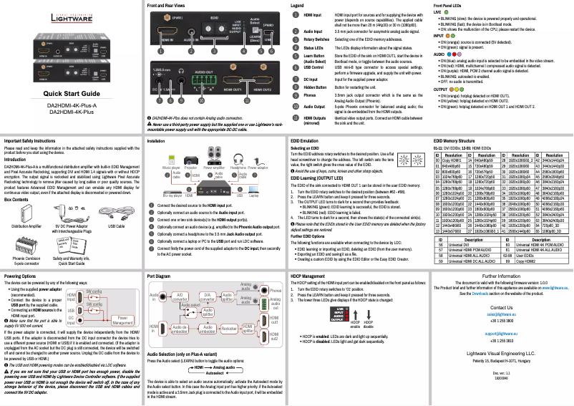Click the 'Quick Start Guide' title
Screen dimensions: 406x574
(72, 94)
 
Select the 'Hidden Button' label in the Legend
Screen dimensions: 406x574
(312, 84)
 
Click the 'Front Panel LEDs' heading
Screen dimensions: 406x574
(449, 5)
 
